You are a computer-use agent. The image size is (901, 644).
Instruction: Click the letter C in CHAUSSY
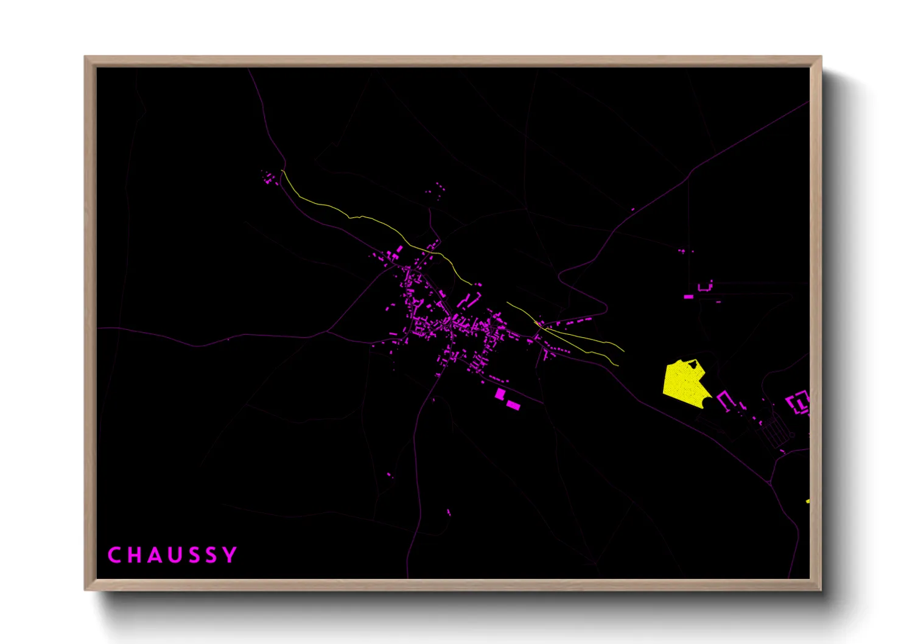tap(114, 555)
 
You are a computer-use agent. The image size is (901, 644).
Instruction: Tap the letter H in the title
tap(134, 555)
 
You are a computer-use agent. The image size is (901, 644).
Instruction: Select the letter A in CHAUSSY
tap(153, 555)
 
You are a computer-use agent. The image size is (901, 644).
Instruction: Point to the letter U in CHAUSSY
tap(173, 555)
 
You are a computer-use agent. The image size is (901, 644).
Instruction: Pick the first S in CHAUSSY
tap(192, 555)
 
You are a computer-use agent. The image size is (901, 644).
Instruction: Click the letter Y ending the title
tap(230, 555)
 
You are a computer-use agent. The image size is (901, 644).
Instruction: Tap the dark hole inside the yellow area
tap(693, 365)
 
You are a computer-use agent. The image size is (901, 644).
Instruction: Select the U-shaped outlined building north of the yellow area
tap(705, 287)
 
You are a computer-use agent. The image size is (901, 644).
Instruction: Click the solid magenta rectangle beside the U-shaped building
tap(689, 297)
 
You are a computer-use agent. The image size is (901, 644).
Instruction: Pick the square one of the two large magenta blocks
tap(500, 394)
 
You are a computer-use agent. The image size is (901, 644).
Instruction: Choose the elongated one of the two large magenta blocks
tap(513, 405)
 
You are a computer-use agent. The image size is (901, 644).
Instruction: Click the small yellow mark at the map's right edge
tap(808, 501)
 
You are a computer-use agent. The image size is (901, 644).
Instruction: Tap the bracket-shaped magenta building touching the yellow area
tap(724, 400)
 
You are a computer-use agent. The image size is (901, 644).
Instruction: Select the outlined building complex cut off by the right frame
tap(799, 402)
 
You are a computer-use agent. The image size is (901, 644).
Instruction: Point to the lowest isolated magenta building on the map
tap(449, 513)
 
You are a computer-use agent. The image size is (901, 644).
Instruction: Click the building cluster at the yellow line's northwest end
tap(268, 178)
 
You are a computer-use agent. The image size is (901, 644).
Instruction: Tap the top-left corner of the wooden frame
tap(85, 57)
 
